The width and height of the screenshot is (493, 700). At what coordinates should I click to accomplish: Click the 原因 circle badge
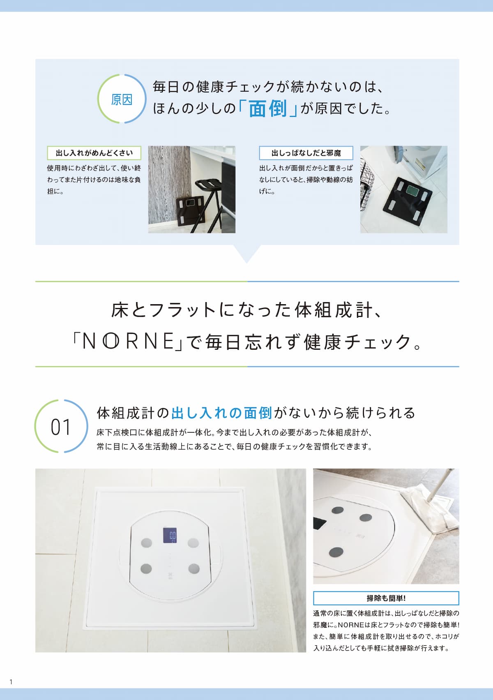point(122,74)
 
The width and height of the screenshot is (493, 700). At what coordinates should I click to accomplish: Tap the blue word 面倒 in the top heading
point(268,109)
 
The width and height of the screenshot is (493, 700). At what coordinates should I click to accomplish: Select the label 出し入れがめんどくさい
point(94,153)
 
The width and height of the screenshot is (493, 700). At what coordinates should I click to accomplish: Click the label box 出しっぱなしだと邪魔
point(306,153)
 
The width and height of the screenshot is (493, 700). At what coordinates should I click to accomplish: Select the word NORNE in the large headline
point(128,341)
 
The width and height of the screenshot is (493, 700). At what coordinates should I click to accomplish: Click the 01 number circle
point(61,400)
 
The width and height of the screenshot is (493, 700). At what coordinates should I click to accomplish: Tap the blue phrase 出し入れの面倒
point(221,413)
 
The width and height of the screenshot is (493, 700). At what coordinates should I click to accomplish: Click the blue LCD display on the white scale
point(170,535)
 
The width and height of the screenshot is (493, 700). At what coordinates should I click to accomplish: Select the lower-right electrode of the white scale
point(194,568)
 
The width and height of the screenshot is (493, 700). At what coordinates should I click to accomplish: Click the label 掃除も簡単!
point(386,598)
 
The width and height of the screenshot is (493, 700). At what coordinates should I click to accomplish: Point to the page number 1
point(11,682)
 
